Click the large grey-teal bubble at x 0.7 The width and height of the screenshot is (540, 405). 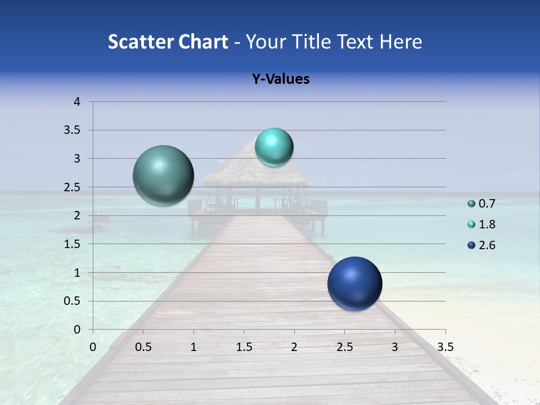pos(164,175)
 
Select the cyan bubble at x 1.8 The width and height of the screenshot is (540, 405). pos(274,147)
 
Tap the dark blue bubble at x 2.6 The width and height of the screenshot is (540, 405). pos(354,283)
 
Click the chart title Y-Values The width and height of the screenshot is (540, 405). pos(280,79)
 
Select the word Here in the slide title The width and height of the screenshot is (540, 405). pos(400,42)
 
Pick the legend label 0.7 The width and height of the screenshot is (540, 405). pos(487,204)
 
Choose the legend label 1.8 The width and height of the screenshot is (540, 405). pos(487,224)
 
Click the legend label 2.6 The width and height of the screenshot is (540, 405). pos(487,245)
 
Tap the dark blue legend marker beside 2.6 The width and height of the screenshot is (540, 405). pos(471,245)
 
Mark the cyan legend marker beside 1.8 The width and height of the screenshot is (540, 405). pos(471,224)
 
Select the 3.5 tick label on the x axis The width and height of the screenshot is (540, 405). pos(445,347)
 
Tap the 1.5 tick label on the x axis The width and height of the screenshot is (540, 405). pos(244,347)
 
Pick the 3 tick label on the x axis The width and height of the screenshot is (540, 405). pos(395,347)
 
